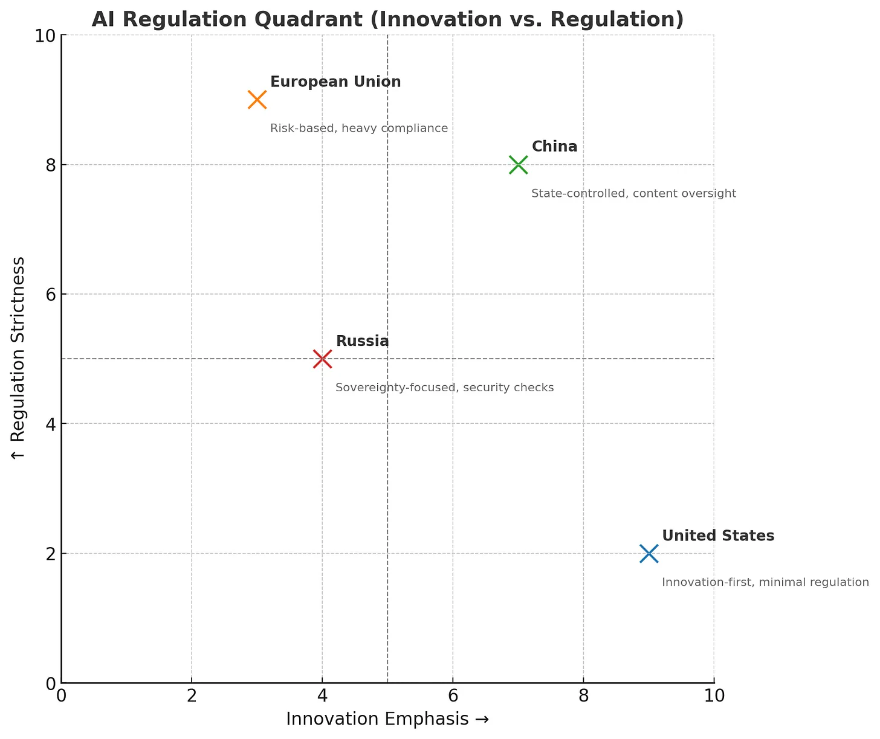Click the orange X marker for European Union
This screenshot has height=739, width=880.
pos(257,100)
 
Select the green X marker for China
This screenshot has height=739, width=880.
pos(518,164)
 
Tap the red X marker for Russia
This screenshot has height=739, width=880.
pos(322,359)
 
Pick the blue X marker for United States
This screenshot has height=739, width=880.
pos(649,553)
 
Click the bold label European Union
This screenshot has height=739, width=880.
pos(335,82)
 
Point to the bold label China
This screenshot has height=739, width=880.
pos(554,147)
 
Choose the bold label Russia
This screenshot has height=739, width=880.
pos(362,341)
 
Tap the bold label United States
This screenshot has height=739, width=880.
pos(718,536)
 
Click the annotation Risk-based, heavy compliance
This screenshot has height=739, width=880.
pos(359,128)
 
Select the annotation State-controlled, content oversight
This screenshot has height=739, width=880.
pos(633,193)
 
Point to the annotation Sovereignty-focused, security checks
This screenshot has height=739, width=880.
pos(444,388)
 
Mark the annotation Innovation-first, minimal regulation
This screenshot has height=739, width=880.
pos(765,582)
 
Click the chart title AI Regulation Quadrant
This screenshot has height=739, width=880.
pos(387,19)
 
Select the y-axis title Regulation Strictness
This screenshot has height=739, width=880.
pos(18,358)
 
